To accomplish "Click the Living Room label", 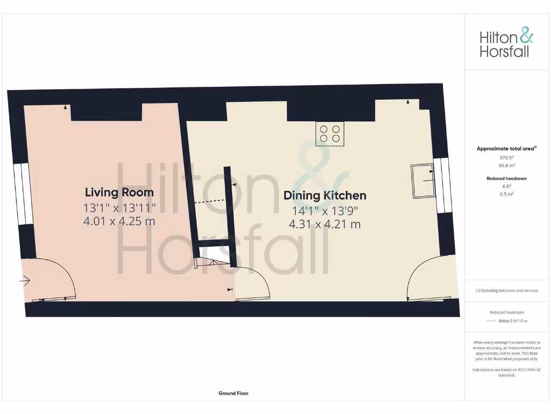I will [119, 192].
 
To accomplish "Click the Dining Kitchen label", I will [324, 196].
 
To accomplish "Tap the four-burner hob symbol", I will [330, 134].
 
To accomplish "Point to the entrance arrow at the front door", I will [25, 280].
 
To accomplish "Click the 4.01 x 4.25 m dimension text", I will [119, 220].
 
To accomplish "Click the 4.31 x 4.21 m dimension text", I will [324, 224].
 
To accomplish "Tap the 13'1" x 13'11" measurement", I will [119, 207].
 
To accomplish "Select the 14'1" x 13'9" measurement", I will [324, 210].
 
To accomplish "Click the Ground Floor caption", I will [234, 394].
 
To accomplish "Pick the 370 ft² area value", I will [506, 157].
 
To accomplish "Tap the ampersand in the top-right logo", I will [526, 37].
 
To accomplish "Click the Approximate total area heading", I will [506, 149].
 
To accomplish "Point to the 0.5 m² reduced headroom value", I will [506, 194].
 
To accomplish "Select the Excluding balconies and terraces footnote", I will [506, 291].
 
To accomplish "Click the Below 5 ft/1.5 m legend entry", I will [512, 321].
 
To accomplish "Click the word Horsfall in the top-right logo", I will [504, 52].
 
